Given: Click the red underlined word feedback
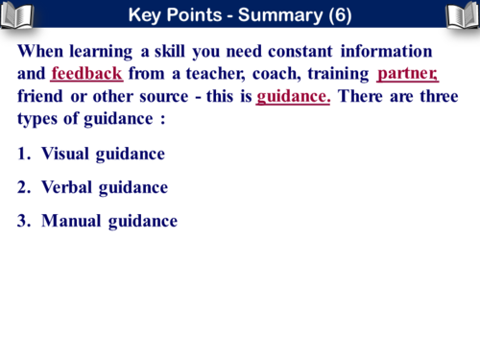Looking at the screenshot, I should (86, 74).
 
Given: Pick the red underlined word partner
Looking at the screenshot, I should (407, 74).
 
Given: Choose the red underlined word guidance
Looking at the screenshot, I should (293, 97).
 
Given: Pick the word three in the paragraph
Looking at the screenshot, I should (436, 97).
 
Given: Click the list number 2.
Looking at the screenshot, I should (23, 187).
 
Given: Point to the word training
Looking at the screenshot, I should (338, 74).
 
